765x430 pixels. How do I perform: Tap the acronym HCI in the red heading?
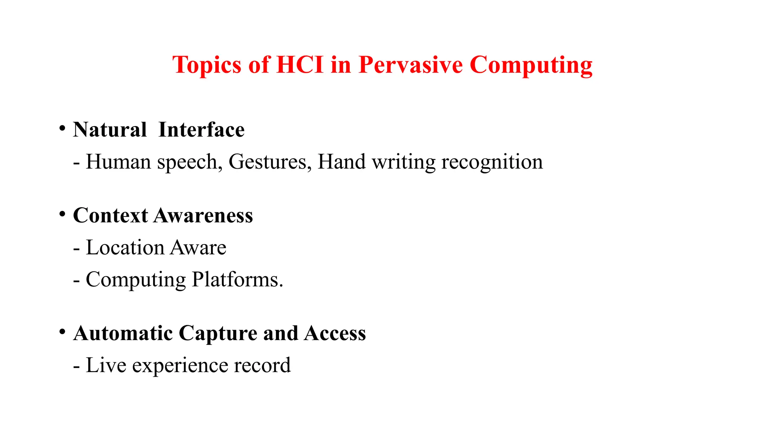tap(300, 65)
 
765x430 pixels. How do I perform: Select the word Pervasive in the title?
tap(411, 65)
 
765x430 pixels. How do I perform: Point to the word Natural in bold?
tap(110, 130)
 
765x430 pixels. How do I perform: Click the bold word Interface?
tap(201, 130)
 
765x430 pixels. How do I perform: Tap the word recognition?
tap(492, 162)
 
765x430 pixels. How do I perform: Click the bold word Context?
tap(111, 216)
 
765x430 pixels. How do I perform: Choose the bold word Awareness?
tap(204, 216)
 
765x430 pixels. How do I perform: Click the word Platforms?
tap(238, 280)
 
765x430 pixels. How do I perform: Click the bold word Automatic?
tap(123, 333)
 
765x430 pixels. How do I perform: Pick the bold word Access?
tap(335, 333)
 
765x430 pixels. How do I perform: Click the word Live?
tap(106, 365)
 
